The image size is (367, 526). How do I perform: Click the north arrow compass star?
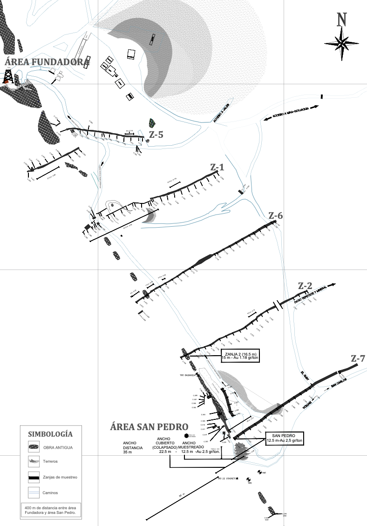tap(342, 44)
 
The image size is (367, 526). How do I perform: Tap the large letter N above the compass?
tap(342, 20)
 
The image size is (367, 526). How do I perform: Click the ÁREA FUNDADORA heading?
tap(47, 62)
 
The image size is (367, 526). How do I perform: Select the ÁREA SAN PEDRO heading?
tap(149, 427)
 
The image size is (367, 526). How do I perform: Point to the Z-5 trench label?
tap(156, 135)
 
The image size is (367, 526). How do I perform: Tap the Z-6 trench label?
tap(276, 216)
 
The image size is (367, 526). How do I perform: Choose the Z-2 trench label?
tap(305, 285)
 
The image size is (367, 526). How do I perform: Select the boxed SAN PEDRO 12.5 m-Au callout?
tap(285, 438)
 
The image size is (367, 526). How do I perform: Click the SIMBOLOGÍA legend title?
tap(50, 434)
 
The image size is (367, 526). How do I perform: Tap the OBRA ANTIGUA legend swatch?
tap(33, 448)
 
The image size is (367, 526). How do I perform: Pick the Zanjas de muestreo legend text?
tap(60, 477)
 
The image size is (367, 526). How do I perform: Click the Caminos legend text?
tap(51, 492)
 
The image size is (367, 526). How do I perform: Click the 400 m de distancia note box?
tap(50, 510)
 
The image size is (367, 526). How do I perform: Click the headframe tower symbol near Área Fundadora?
tap(8, 75)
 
